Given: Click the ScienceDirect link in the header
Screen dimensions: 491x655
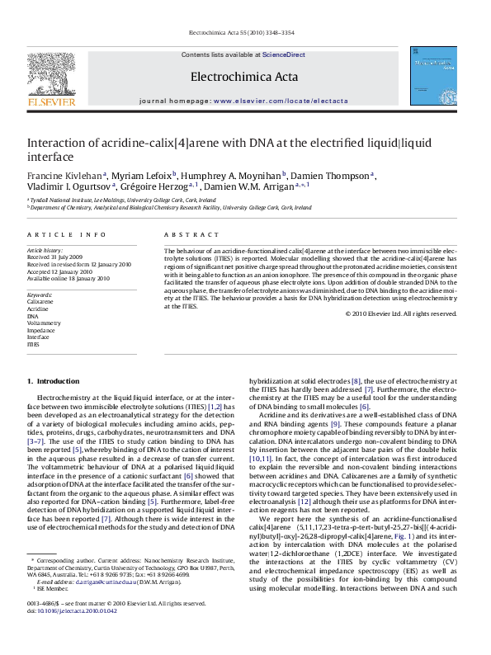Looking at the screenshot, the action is (283, 54).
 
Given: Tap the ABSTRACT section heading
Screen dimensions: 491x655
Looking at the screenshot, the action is (184, 235).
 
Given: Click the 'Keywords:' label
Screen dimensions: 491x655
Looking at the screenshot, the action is (40, 295).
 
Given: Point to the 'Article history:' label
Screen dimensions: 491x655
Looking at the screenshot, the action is (45, 249).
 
